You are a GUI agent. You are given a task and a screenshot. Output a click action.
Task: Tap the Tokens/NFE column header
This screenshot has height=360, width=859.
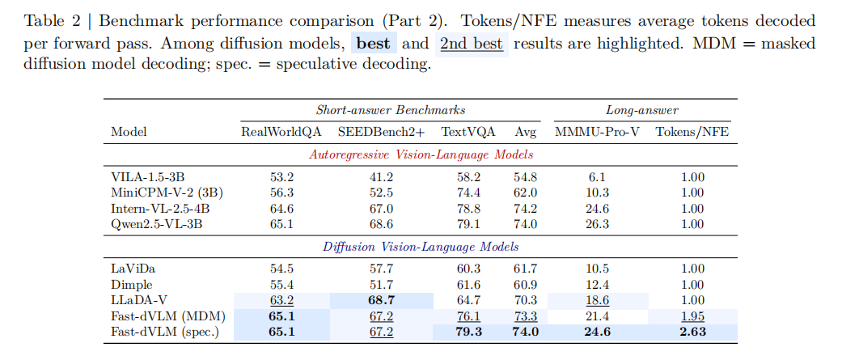[x=692, y=131]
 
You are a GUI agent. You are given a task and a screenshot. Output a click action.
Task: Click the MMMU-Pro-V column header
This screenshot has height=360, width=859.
[x=597, y=131]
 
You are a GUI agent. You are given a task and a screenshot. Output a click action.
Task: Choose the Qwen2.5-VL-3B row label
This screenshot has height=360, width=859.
[x=153, y=223]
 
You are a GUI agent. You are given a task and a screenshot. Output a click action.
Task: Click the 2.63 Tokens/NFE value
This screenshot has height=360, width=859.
[x=692, y=331]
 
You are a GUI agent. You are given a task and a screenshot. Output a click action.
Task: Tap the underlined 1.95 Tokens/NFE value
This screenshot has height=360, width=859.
[x=692, y=316]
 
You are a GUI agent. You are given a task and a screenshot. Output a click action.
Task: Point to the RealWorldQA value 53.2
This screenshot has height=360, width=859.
[x=281, y=177]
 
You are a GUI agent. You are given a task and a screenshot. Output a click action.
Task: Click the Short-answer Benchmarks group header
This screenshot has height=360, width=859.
[x=390, y=110]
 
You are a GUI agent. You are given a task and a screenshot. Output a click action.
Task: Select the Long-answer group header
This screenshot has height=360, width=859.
[x=642, y=110]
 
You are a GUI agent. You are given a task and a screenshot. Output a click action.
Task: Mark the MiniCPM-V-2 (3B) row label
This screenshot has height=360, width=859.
[x=167, y=193]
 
